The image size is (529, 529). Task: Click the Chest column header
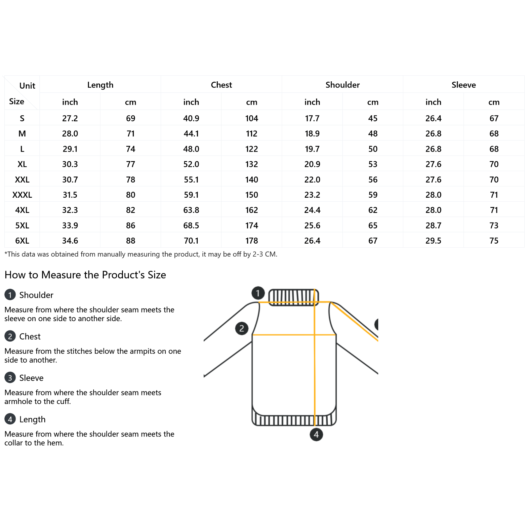pos(221,85)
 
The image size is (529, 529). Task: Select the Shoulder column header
pos(343,85)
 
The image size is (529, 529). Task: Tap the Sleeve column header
pos(464,85)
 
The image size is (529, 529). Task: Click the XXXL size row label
pos(22,195)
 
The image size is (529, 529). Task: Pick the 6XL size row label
pos(22,241)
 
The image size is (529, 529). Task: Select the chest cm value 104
pos(252,118)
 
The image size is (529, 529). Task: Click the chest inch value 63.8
pos(191,210)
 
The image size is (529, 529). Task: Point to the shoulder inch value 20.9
pos(312,164)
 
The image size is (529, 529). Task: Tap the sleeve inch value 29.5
pos(433,241)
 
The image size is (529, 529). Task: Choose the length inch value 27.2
pos(70,118)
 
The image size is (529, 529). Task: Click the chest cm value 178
pos(252,241)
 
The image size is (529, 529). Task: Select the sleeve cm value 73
pos(494,225)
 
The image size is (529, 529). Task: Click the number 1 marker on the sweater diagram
pos(258,293)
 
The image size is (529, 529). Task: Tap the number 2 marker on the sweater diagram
pos(242,328)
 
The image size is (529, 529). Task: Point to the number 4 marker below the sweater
pos(316,434)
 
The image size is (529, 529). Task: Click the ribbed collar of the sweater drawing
pos(293,297)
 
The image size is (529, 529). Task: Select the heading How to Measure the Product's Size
pos(85,275)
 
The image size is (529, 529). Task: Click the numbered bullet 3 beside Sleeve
pos(10,378)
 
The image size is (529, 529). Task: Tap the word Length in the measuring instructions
pos(32,419)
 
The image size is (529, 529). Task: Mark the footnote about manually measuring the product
pos(141,254)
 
